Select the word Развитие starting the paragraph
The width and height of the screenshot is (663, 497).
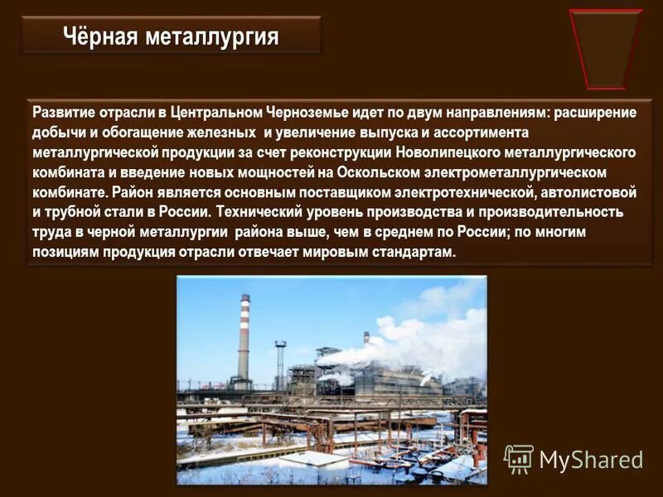click(x=64, y=113)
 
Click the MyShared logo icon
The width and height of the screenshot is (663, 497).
click(x=520, y=459)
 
